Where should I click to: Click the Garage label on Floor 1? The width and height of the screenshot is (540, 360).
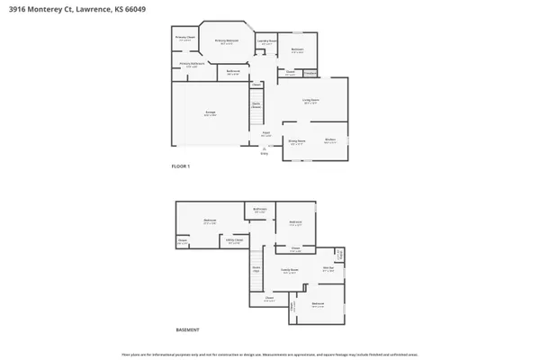point(210,113)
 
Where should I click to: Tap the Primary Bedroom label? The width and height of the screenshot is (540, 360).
point(226,41)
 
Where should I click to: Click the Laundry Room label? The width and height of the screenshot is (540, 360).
point(266,41)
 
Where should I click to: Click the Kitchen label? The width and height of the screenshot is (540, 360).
point(330,140)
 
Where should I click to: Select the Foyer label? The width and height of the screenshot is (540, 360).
point(265,134)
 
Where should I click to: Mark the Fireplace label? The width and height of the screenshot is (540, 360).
point(310,73)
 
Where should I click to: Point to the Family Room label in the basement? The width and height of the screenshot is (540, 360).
point(290,271)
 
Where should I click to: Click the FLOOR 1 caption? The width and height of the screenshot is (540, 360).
point(181,166)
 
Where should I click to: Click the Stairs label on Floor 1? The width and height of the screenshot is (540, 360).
point(256,104)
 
